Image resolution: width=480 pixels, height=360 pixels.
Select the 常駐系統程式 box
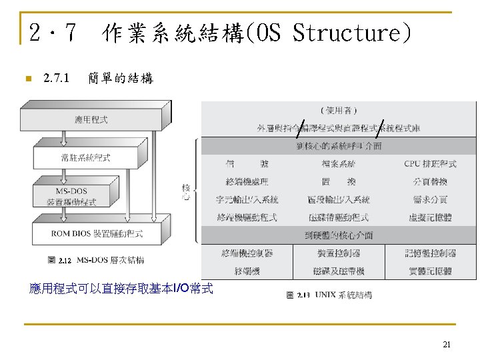[85, 157]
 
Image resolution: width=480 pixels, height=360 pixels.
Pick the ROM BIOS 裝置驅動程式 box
[97, 234]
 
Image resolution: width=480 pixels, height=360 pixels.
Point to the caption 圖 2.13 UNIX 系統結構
[329, 295]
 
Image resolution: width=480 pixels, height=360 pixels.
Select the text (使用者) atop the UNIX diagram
[339, 110]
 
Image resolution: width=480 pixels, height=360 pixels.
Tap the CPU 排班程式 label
[430, 163]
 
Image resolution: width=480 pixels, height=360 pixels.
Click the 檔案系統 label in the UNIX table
[339, 163]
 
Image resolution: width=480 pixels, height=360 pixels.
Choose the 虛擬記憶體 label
[430, 217]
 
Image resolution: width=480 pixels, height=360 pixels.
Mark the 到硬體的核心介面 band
[339, 235]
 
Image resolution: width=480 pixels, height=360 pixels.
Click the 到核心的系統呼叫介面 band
[339, 145]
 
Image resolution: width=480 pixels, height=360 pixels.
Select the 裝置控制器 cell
[339, 253]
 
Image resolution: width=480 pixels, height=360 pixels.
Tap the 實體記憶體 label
[430, 271]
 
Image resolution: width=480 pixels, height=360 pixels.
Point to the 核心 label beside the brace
[185, 193]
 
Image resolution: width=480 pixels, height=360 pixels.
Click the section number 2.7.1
[57, 79]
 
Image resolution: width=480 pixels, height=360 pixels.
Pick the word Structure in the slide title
[351, 32]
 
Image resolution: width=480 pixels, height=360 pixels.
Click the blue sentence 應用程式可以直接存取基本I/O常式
[121, 289]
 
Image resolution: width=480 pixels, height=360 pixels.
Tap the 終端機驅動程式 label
[247, 217]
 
